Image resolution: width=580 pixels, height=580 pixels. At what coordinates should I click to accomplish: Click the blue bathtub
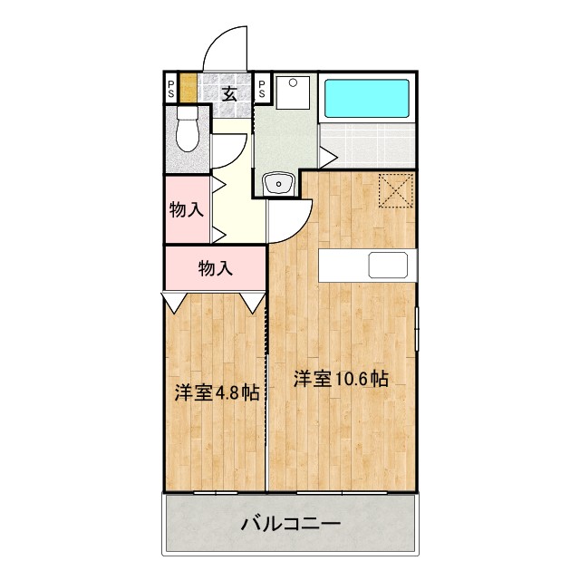pos(368,98)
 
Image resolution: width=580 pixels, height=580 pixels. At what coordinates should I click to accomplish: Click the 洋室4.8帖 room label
pos(217,392)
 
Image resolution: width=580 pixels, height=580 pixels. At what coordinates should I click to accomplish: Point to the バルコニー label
pos(290,523)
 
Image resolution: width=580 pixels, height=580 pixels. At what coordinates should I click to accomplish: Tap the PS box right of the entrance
pos(262,89)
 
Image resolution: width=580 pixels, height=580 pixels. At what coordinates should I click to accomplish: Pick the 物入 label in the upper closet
pos(186,210)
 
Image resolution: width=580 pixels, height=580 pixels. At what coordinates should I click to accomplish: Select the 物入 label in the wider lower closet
pos(216,268)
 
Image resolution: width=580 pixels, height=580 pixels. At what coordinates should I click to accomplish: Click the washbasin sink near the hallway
pos(277,185)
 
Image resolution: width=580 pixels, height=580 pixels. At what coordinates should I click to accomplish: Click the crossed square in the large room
pos(396,190)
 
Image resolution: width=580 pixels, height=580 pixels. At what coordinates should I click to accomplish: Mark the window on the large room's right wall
pos(418,328)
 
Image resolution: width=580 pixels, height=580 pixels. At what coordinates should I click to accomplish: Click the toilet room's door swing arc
pos(232,148)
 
